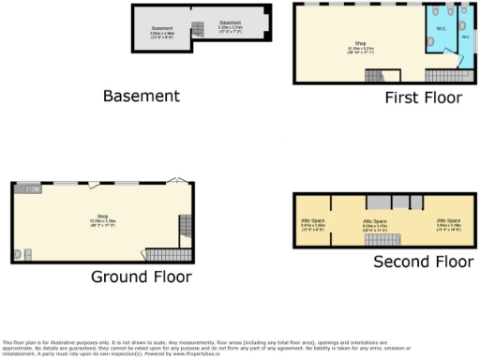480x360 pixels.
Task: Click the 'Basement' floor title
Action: [x=141, y=95]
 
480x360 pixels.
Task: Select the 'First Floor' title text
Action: [x=423, y=97]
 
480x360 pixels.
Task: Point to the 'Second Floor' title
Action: [x=423, y=262]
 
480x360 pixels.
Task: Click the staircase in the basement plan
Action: [x=198, y=29]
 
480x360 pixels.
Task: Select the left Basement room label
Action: [x=161, y=31]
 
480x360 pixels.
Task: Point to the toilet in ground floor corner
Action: [x=25, y=252]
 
